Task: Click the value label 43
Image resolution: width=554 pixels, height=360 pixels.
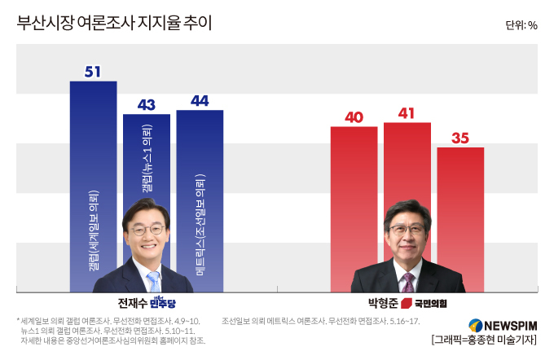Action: click(x=147, y=105)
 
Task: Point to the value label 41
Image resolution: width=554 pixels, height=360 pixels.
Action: click(x=407, y=113)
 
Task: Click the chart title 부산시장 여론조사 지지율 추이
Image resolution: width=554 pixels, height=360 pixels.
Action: click(x=114, y=23)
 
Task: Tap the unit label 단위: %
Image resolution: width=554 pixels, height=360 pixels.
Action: click(x=521, y=25)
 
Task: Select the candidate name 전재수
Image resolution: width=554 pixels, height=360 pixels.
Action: click(x=132, y=303)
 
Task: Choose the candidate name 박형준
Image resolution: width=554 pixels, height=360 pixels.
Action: click(x=383, y=303)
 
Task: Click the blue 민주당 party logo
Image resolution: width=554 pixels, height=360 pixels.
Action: click(x=162, y=303)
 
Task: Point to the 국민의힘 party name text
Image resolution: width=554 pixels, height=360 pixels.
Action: click(x=431, y=304)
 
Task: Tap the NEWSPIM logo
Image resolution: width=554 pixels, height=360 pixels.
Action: click(x=503, y=325)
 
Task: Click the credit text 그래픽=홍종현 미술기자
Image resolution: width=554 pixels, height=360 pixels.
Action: click(x=484, y=340)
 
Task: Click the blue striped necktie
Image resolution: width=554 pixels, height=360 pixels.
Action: click(x=154, y=282)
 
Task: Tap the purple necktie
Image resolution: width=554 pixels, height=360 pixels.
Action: click(x=407, y=283)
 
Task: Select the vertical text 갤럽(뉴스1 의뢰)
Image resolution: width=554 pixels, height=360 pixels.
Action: click(x=147, y=158)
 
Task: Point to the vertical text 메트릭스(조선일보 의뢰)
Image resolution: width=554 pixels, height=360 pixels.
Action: click(x=200, y=225)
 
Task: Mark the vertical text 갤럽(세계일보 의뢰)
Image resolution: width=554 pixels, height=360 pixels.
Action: click(x=94, y=231)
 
